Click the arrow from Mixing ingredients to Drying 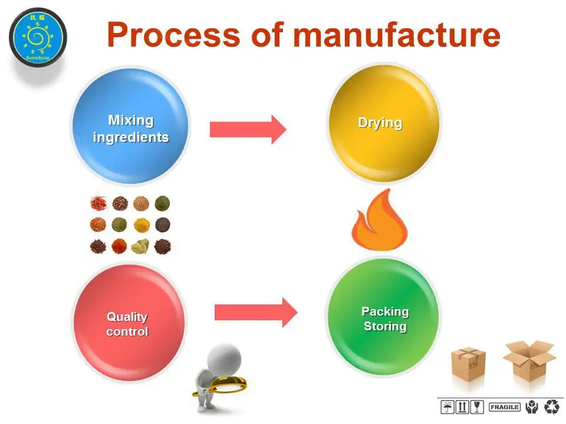click(248, 129)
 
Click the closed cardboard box click(468, 365)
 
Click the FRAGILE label click(504, 407)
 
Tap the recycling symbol click(552, 406)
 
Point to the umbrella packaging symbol click(447, 407)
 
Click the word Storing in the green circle click(385, 326)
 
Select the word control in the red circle click(127, 332)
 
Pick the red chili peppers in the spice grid click(97, 204)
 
